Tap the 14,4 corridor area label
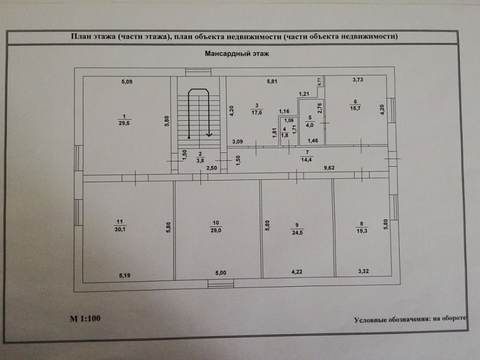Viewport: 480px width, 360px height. pos(307,160)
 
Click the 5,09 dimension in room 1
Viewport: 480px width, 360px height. pos(127,82)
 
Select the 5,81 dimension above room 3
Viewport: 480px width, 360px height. pos(272,82)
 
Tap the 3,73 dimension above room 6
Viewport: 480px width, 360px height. pos(358,80)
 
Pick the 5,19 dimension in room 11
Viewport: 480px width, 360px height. pos(124,275)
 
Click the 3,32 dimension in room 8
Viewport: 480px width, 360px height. pos(364,272)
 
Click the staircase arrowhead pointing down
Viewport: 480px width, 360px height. pos(209,134)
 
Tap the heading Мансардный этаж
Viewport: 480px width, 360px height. pos(237,53)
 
